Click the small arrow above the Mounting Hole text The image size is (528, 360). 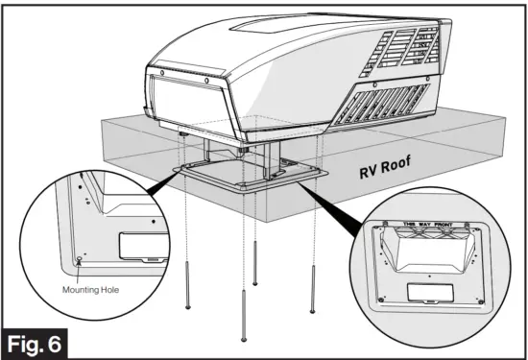pos(79,274)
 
